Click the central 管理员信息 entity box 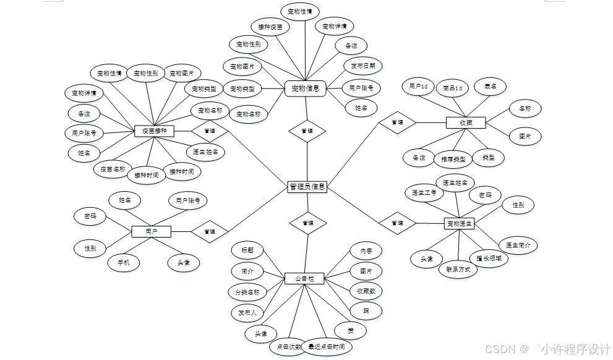pos(307,187)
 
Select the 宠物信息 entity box pos(306,88)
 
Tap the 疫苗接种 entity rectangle pos(154,131)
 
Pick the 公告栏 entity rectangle pos(305,279)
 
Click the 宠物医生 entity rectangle pos(459,223)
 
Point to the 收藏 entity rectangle pos(466,122)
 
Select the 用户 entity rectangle pos(151,231)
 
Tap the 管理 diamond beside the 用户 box pos(209,231)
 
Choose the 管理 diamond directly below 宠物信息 pos(307,131)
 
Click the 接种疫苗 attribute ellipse pos(270,27)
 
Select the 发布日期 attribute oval pos(362,66)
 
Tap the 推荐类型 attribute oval pos(453,159)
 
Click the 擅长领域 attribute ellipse pos(489,258)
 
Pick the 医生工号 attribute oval pos(424,193)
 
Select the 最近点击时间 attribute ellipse pos(326,347)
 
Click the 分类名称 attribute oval pos(247,292)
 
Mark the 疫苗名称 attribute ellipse pos(113,169)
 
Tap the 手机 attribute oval pos(124,263)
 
